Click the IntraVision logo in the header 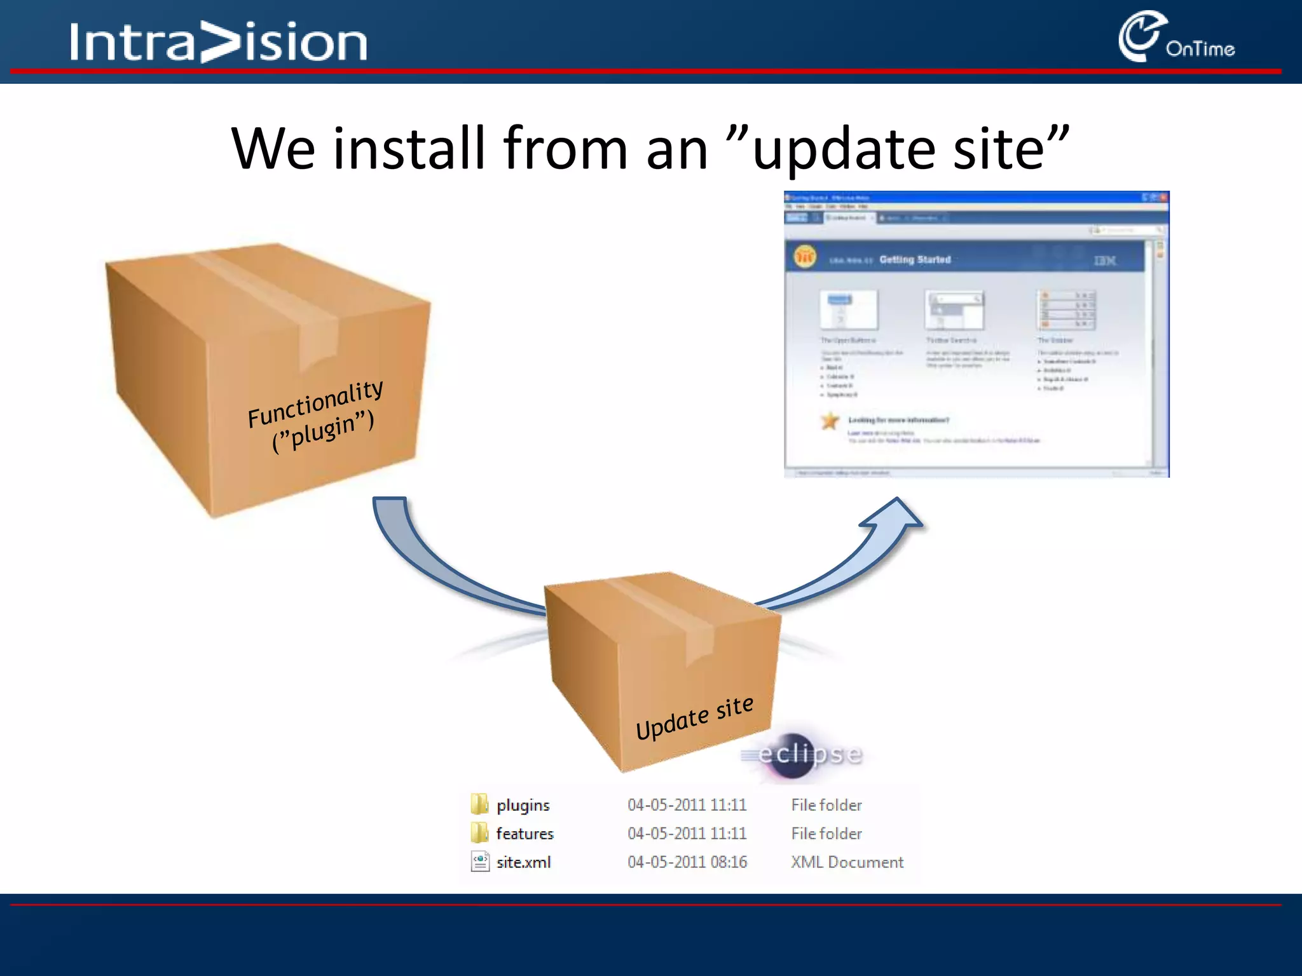[x=218, y=42]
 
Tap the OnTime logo [x=1175, y=38]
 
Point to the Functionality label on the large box [x=315, y=404]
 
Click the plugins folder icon [x=479, y=804]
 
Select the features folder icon [x=479, y=833]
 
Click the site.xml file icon [x=480, y=862]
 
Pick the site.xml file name [x=523, y=862]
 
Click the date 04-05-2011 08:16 [x=687, y=862]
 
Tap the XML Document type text [x=847, y=862]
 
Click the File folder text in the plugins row [x=826, y=805]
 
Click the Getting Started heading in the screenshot [x=915, y=259]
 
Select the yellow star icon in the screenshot [x=830, y=421]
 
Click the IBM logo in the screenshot [x=1104, y=261]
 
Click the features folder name [x=524, y=834]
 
